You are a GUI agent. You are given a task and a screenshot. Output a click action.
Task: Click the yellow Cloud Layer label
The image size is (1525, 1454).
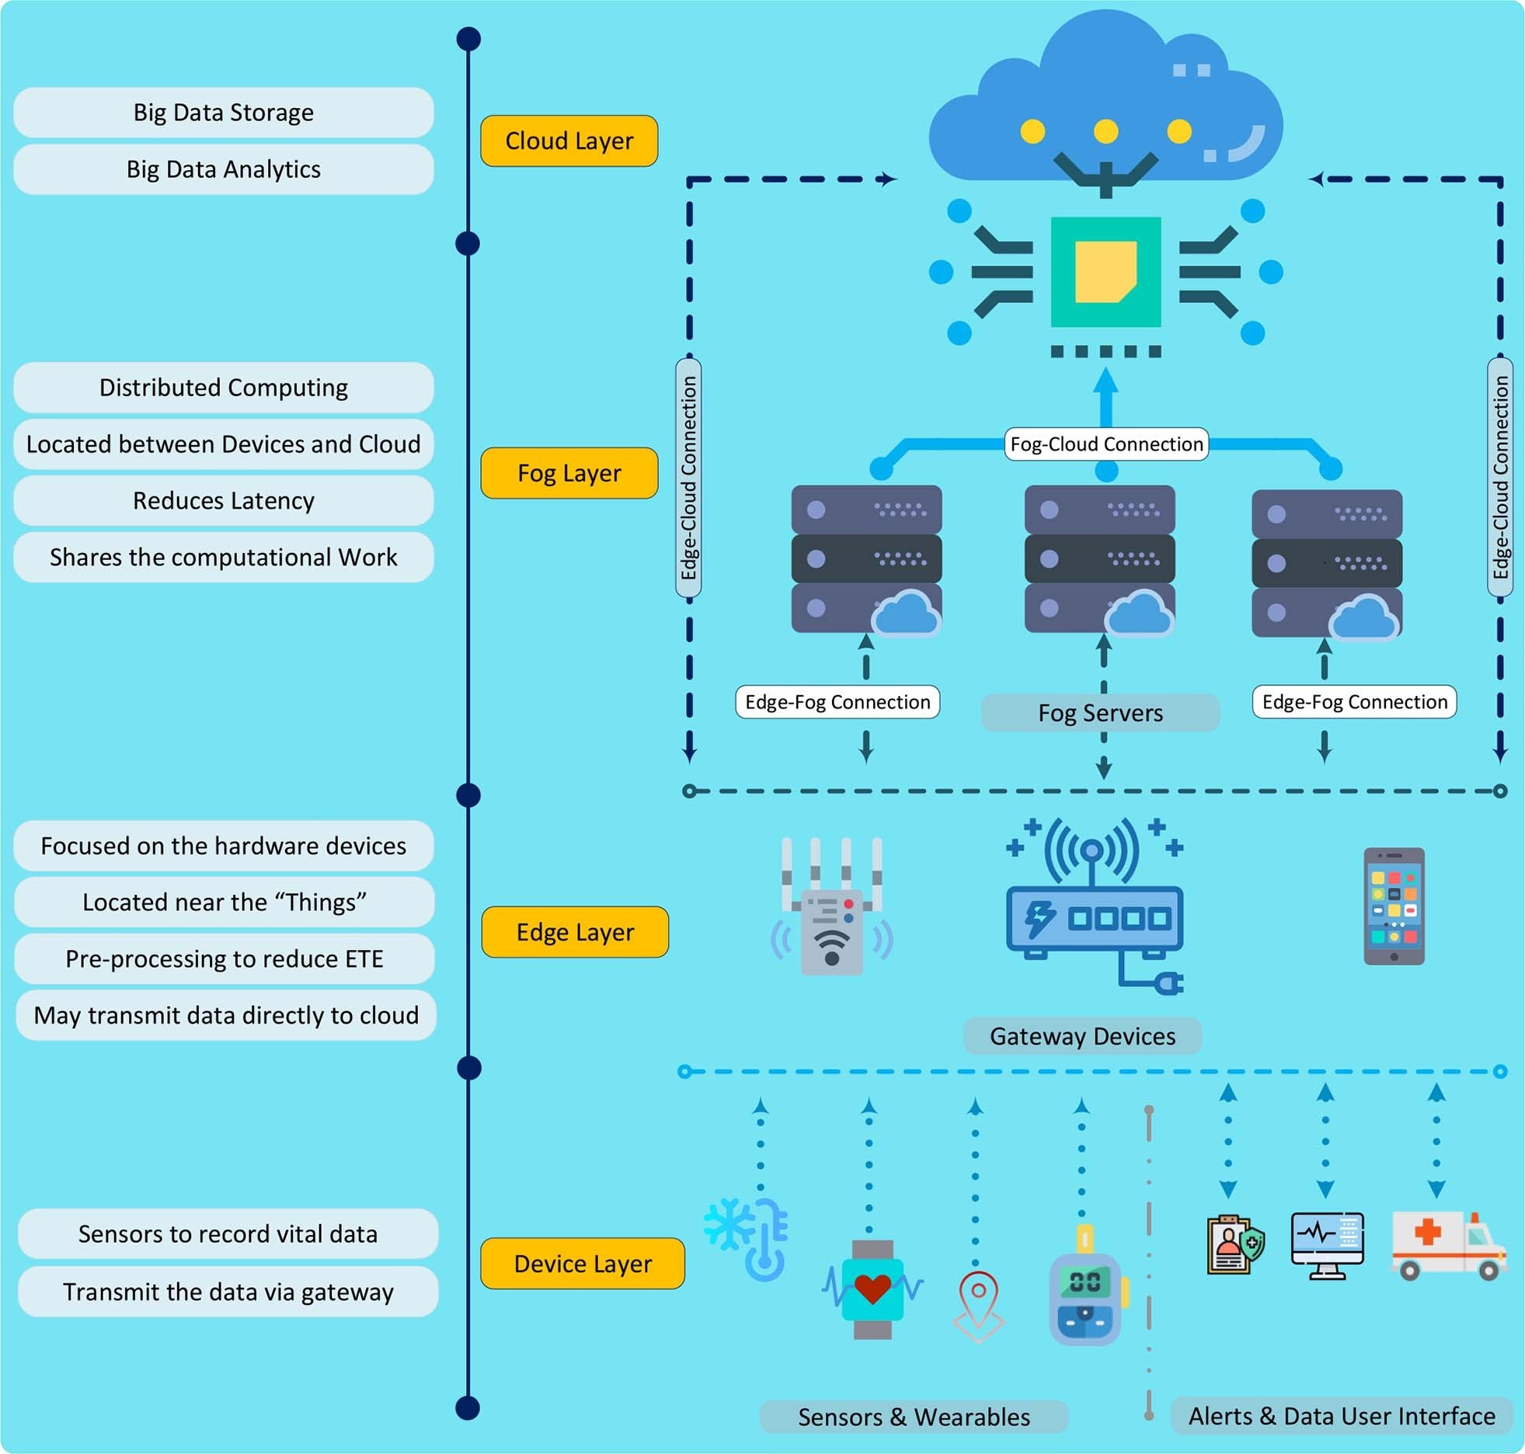click(569, 141)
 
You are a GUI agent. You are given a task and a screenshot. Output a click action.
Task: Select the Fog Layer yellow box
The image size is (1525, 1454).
click(569, 472)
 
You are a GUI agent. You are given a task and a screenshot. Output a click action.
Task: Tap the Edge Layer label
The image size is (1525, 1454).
click(575, 931)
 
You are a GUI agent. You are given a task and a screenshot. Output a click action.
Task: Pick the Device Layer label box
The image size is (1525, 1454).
click(583, 1263)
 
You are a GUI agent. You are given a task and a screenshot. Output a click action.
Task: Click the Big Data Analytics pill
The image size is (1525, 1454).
click(224, 169)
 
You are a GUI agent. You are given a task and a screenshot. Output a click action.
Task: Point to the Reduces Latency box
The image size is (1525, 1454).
click(224, 500)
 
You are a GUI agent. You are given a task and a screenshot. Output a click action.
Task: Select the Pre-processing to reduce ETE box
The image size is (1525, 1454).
click(224, 958)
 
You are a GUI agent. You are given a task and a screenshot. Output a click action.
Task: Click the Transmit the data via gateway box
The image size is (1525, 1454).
click(228, 1292)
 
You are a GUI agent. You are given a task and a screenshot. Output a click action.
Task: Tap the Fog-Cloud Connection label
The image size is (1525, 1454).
click(1105, 444)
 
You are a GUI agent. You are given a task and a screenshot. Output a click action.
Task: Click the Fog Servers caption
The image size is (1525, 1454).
click(1100, 712)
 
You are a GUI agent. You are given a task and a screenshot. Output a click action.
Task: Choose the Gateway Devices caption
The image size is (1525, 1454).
click(1082, 1035)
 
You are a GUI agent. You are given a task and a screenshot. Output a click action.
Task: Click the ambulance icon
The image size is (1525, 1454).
click(1447, 1245)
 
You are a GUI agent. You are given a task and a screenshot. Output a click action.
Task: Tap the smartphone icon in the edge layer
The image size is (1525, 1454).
click(1394, 906)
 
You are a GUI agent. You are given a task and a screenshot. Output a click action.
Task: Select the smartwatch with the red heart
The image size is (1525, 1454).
click(872, 1289)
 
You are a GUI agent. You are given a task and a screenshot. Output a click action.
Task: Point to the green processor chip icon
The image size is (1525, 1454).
click(1105, 272)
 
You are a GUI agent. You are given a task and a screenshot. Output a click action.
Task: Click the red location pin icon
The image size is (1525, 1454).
click(978, 1305)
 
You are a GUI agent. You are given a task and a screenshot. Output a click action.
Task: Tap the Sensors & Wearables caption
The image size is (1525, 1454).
click(914, 1416)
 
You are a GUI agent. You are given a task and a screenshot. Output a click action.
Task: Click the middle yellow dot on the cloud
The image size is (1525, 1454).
click(1105, 131)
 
